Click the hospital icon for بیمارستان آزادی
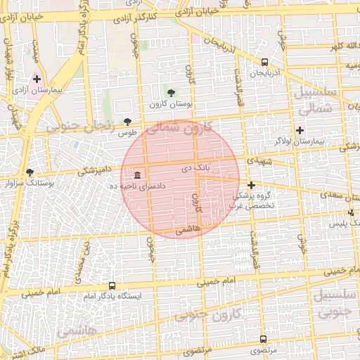click(37, 79)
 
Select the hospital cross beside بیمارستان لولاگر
click(300, 130)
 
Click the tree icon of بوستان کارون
click(172, 92)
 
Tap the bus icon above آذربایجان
click(264, 62)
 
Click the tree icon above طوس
click(127, 121)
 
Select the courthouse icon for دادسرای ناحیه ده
click(136, 174)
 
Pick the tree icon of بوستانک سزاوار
click(30, 172)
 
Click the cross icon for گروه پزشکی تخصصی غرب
click(251, 184)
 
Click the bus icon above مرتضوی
click(264, 339)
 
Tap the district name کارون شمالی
click(187, 129)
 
